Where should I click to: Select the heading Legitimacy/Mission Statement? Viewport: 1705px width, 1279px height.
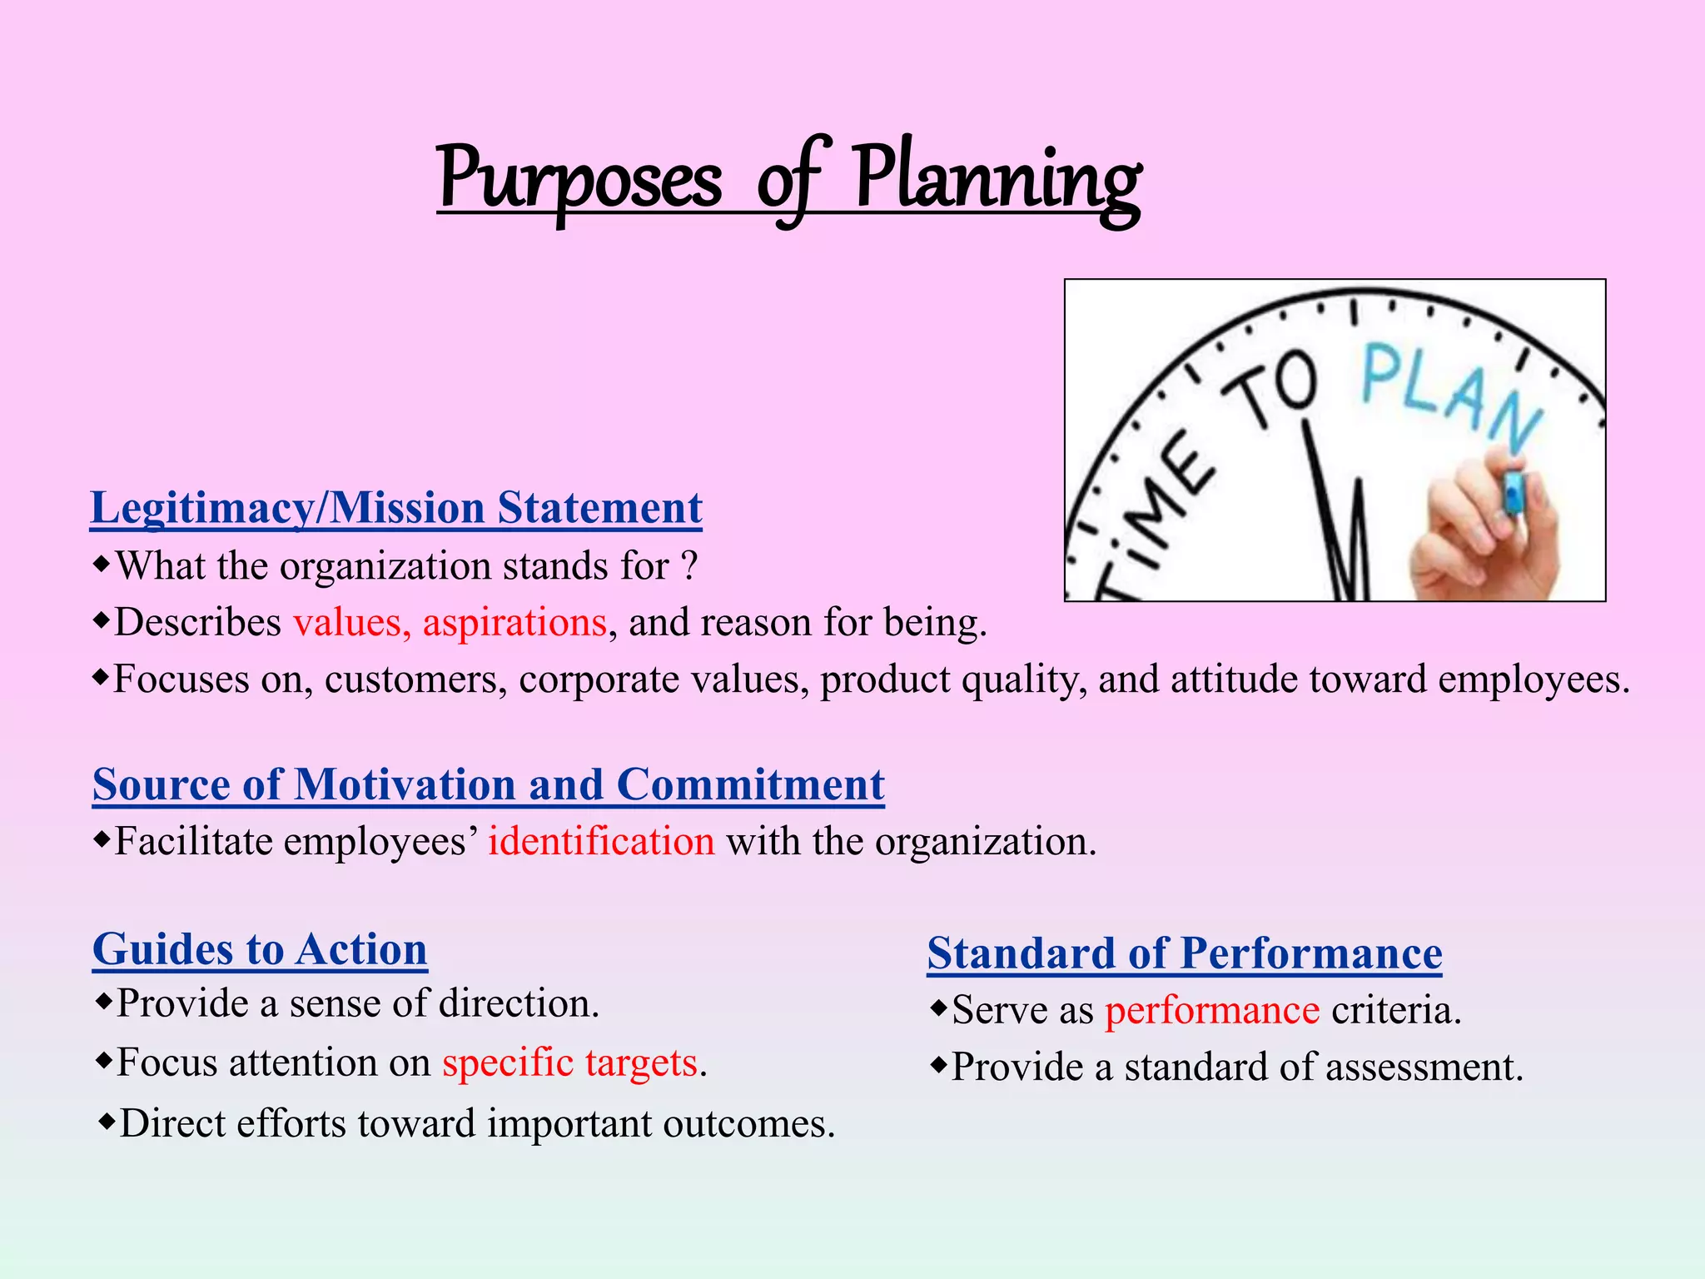[396, 508]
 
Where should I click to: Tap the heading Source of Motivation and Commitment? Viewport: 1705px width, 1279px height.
[488, 784]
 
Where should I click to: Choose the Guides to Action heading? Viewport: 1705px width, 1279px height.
[260, 949]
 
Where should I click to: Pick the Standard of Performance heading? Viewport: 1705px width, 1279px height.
[1184, 953]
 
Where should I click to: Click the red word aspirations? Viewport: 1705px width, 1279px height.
[514, 623]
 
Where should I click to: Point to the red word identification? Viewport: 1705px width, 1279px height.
[601, 841]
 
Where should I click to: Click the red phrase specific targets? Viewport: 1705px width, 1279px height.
[569, 1063]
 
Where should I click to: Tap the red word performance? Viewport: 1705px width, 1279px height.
[1212, 1010]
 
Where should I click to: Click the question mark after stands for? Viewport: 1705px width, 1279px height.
[688, 567]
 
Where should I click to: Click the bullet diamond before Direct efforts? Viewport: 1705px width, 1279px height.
[106, 1122]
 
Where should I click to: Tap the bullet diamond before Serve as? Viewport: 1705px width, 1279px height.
[938, 1009]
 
